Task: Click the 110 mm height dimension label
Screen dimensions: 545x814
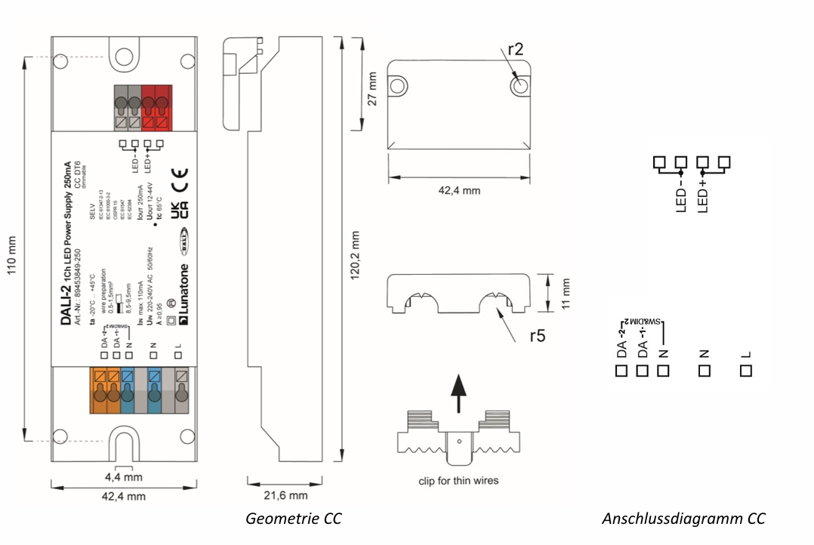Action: (11, 249)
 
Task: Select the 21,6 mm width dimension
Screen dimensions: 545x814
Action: (285, 496)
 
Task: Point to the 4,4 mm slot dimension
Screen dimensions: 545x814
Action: (123, 477)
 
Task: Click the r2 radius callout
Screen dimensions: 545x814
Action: (516, 50)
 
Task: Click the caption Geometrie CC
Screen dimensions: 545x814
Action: (293, 519)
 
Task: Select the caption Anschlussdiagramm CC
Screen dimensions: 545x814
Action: (683, 519)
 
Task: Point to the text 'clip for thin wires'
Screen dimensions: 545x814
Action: (459, 481)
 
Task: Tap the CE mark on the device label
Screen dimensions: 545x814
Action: (179, 180)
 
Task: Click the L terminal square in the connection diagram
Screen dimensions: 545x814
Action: (747, 371)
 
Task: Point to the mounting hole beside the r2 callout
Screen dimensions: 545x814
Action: (518, 86)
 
